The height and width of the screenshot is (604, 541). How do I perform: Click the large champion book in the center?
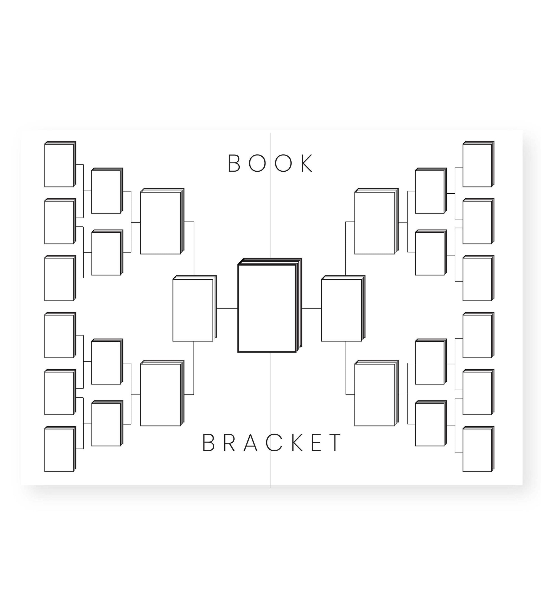coord(270,305)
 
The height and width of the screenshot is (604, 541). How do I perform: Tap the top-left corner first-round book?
coord(60,164)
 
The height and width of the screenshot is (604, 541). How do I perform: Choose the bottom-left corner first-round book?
coord(60,449)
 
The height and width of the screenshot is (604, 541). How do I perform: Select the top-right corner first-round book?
coord(478,164)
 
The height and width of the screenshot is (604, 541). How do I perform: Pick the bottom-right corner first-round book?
coord(478,449)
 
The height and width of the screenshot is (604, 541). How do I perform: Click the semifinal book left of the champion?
coord(195,308)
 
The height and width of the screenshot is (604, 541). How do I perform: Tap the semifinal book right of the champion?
coord(343,308)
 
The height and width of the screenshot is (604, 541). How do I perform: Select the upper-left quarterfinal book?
coord(162,221)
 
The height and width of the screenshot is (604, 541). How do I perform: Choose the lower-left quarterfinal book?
coord(162,393)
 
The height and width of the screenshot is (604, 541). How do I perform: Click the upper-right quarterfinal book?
coord(376,221)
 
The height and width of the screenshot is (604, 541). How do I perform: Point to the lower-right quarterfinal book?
coord(376,393)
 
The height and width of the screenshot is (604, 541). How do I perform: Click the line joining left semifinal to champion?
coord(227,309)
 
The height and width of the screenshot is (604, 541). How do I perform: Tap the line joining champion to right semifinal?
coord(312,309)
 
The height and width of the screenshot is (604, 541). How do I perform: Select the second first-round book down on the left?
coord(60,221)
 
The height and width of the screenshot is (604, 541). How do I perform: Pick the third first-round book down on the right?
coord(478,278)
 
